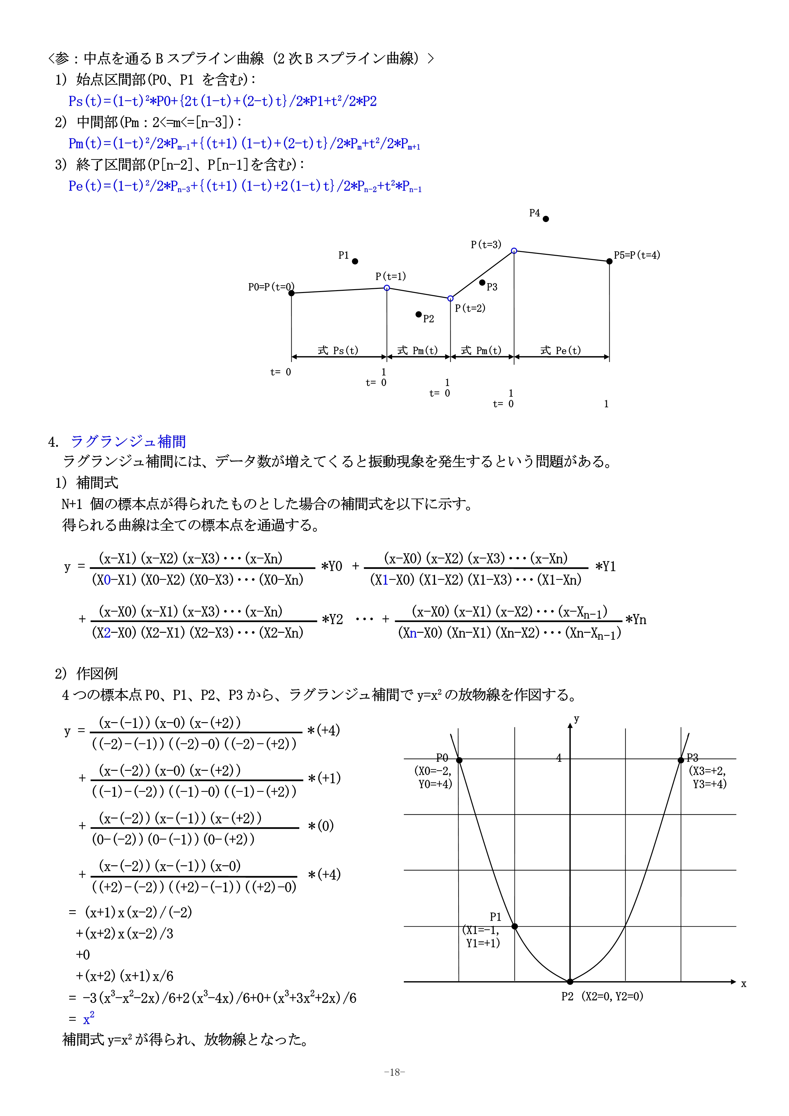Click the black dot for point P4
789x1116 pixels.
click(x=546, y=219)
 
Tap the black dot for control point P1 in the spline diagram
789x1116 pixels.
click(x=355, y=262)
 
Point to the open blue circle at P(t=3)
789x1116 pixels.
click(x=514, y=251)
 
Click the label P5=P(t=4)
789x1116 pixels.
click(x=637, y=255)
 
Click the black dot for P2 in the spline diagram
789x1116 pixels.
click(x=419, y=315)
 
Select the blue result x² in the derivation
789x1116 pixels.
click(x=88, y=1017)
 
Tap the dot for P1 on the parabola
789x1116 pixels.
click(x=515, y=926)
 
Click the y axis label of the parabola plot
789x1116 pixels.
click(x=576, y=719)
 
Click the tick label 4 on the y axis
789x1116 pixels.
click(x=559, y=758)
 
